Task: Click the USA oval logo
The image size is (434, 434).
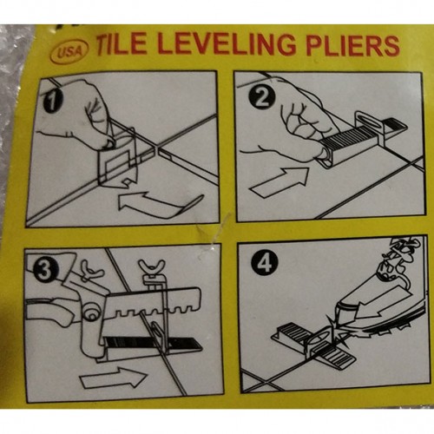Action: [69, 52]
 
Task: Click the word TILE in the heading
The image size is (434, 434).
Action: [121, 45]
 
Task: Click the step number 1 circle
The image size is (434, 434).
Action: [52, 102]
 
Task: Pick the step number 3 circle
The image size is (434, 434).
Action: [45, 271]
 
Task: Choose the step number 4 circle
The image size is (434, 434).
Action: [265, 263]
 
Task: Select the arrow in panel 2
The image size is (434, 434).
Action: [280, 183]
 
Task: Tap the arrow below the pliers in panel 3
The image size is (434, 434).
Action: [113, 378]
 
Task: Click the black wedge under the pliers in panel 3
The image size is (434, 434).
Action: [154, 344]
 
